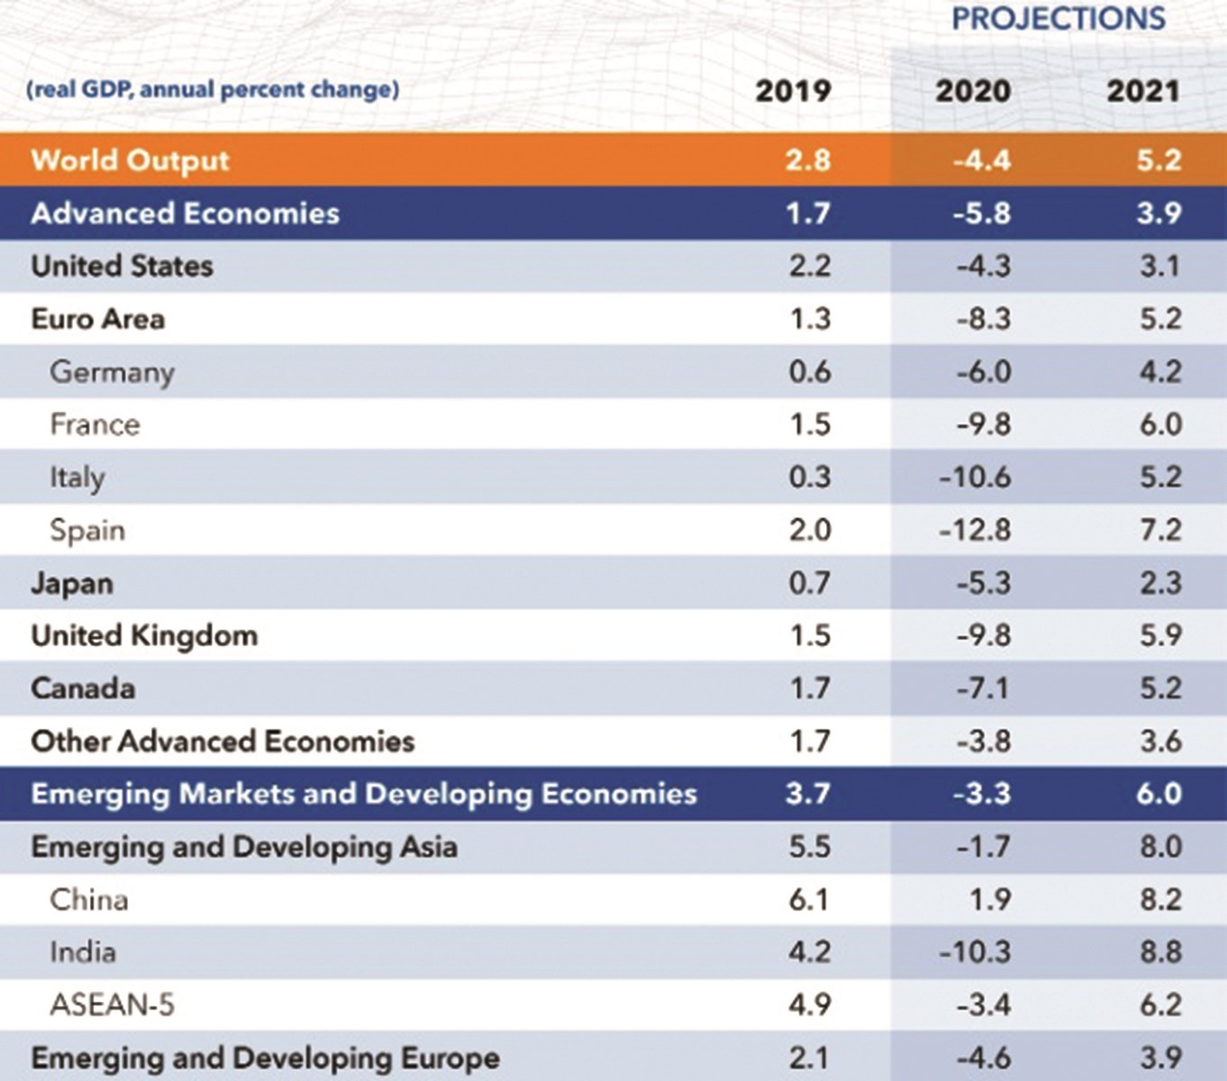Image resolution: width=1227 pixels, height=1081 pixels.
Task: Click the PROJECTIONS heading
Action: point(1059,19)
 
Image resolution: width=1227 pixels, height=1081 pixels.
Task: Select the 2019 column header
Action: point(793,91)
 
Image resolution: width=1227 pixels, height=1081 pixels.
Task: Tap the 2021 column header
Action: point(1142,91)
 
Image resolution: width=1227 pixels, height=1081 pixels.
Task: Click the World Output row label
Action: point(131,160)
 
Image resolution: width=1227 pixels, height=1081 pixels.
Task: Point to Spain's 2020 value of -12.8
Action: point(975,530)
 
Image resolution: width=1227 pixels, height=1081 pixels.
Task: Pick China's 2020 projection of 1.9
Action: point(990,899)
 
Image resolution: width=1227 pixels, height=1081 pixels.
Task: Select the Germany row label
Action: point(112,372)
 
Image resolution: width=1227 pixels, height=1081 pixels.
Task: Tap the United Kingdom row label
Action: point(144,636)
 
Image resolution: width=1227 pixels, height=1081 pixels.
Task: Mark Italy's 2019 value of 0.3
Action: point(809,477)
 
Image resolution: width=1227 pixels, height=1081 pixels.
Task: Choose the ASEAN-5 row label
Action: point(113,1004)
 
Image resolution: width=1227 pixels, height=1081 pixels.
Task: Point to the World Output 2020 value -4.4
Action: point(982,160)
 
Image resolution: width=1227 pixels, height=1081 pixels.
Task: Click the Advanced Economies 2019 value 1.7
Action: point(808,213)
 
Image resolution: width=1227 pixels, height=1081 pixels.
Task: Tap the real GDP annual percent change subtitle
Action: point(213,90)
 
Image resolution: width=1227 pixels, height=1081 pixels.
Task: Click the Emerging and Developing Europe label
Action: point(265,1058)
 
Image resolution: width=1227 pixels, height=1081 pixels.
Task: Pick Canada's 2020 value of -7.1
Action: point(983,689)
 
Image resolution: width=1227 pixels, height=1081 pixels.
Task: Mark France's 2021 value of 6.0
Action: point(1159,424)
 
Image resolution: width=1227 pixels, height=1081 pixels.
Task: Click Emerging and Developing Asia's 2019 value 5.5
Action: point(809,847)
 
